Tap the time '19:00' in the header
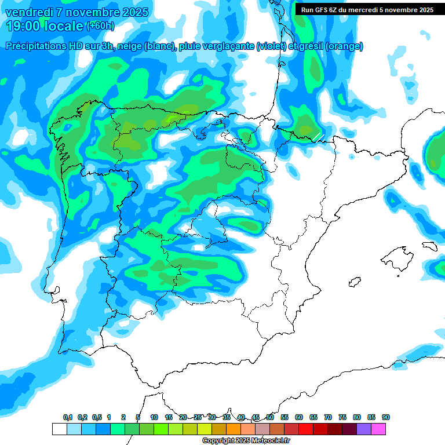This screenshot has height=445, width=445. coord(23,25)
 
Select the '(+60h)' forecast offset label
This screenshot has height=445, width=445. coord(100,26)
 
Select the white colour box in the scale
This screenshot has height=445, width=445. coord(59,429)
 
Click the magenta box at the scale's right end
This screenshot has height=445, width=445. coord(378,429)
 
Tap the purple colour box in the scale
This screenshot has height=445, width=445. coord(364,429)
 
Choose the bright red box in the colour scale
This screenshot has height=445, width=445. coord(306,429)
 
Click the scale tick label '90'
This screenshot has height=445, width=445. coord(386,418)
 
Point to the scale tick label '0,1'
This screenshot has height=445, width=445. coord(68,418)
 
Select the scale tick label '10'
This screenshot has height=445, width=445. coord(154,418)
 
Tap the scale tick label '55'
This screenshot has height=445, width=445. coord(284,418)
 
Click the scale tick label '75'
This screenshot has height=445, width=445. coord(342,418)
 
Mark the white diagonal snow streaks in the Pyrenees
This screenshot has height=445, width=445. coord(318,137)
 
